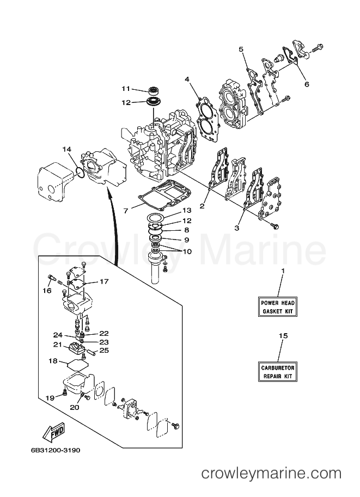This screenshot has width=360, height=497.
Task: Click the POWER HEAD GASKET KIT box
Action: coord(278,307)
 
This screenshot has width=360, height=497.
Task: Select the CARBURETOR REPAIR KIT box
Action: coord(278,372)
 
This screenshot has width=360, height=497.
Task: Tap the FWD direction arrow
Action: coord(54,432)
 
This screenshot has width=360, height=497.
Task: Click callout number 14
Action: coord(67,149)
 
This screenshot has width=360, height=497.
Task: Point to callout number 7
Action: coord(126,211)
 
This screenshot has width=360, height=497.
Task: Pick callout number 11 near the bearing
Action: coord(126,89)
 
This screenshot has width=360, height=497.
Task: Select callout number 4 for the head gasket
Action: coord(187,79)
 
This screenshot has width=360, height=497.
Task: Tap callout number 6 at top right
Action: coord(307,84)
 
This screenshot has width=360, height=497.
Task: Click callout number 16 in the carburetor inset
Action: coord(47,290)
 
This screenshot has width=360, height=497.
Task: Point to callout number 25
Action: coord(105,350)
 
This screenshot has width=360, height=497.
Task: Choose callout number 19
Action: coord(50,398)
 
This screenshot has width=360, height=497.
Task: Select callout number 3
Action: coord(237,228)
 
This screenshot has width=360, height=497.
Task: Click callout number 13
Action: coord(187,210)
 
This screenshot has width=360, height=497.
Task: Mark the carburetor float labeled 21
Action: coord(76,349)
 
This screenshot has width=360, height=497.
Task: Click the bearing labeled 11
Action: coord(154,90)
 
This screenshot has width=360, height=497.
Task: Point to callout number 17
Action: coord(104,281)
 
